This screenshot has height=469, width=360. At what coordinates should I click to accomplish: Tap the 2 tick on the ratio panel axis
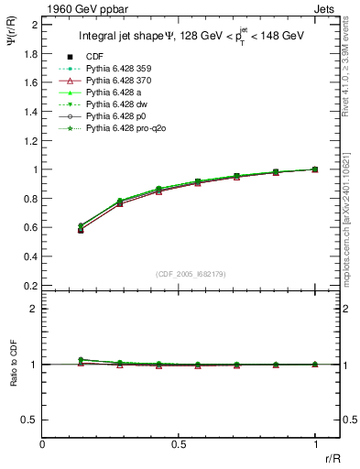(x=36, y=309)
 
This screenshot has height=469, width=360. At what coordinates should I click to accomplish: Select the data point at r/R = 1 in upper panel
(x=315, y=169)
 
